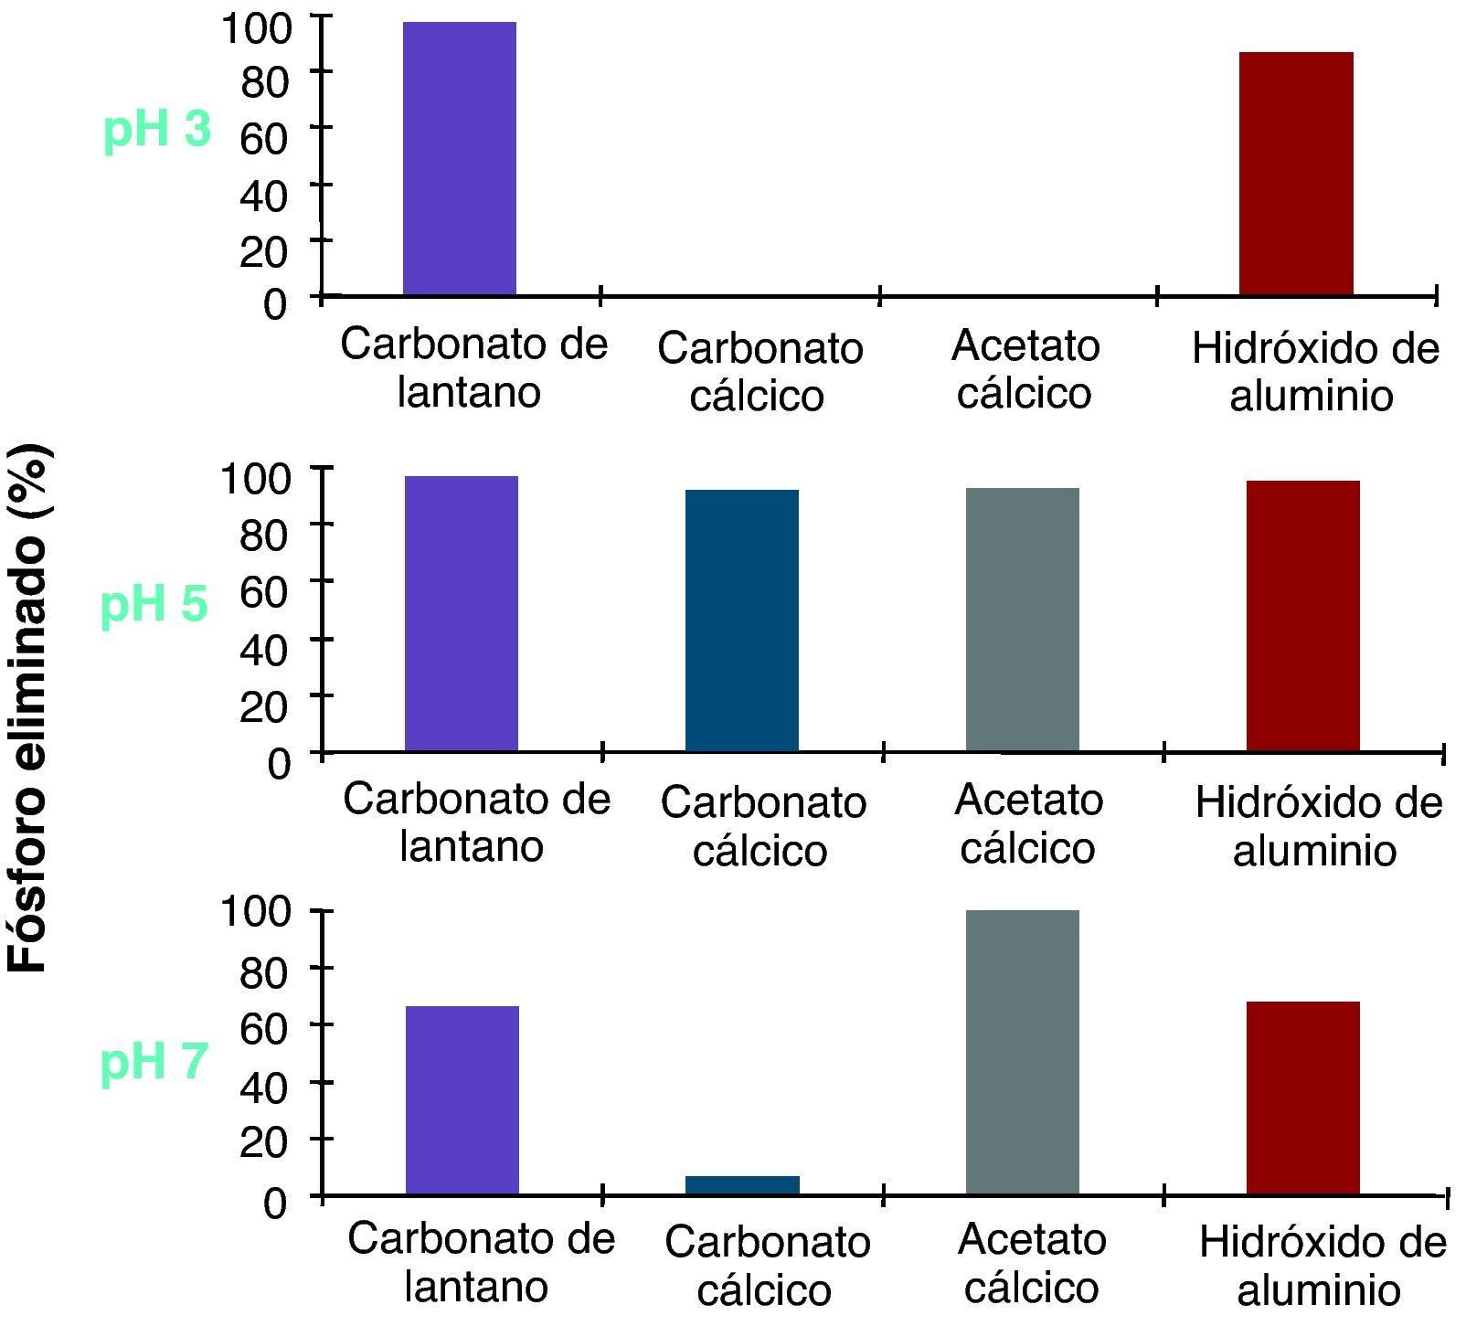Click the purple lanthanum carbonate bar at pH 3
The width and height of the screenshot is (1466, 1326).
[x=460, y=158]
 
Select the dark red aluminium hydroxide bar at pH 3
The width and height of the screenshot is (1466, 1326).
[x=1295, y=174]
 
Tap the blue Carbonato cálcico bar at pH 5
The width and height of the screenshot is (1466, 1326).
[x=741, y=621]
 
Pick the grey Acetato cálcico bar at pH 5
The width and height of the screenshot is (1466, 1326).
[x=1022, y=620]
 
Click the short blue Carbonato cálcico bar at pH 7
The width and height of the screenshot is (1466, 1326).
[x=742, y=1185]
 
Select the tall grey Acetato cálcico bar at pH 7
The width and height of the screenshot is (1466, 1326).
[x=1022, y=1052]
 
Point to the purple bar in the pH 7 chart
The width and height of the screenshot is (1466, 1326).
[x=462, y=1100]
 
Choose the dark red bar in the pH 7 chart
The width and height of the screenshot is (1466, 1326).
[x=1302, y=1098]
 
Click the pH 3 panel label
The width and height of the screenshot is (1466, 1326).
[x=157, y=130]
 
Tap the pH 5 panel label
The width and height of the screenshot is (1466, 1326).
[x=154, y=604]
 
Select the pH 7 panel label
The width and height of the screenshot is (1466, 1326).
[x=154, y=1062]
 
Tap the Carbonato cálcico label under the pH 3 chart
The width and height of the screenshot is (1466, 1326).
[x=759, y=372]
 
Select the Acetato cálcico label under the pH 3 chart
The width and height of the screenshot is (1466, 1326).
[x=1025, y=369]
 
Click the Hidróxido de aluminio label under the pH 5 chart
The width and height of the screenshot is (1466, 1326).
[x=1317, y=826]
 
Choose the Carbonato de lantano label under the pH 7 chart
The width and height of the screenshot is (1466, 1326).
[x=480, y=1263]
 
